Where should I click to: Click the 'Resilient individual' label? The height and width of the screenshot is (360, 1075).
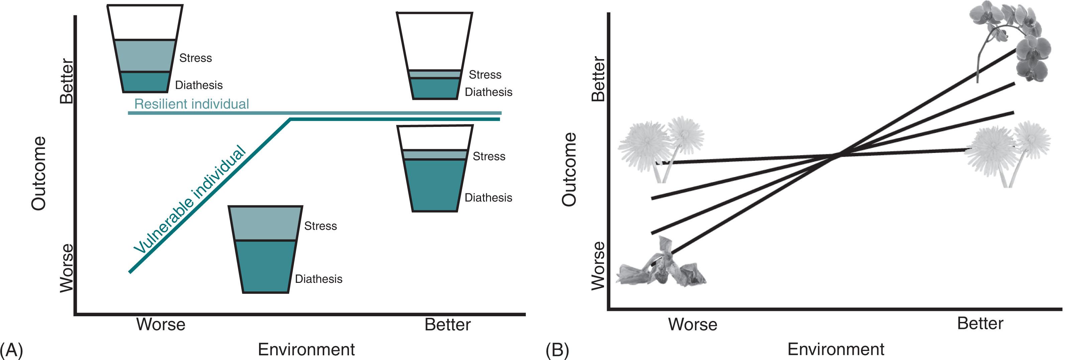192,104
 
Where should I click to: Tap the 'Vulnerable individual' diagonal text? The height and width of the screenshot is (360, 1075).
190,199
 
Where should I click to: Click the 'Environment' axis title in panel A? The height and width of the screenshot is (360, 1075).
306,349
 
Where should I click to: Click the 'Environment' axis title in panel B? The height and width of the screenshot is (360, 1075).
836,349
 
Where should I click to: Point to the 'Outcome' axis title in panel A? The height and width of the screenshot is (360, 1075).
39,173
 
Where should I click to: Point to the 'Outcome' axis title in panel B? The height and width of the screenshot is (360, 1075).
569,169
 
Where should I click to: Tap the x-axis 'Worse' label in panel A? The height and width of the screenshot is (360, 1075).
161,324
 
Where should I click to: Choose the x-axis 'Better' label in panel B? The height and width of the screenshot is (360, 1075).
980,323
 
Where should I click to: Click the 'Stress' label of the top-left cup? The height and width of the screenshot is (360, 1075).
195,58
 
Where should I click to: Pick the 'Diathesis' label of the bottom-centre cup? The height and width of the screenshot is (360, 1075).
319,279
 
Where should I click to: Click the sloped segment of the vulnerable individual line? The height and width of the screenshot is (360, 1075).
209,196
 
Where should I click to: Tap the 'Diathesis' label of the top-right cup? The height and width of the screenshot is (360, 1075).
488,92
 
